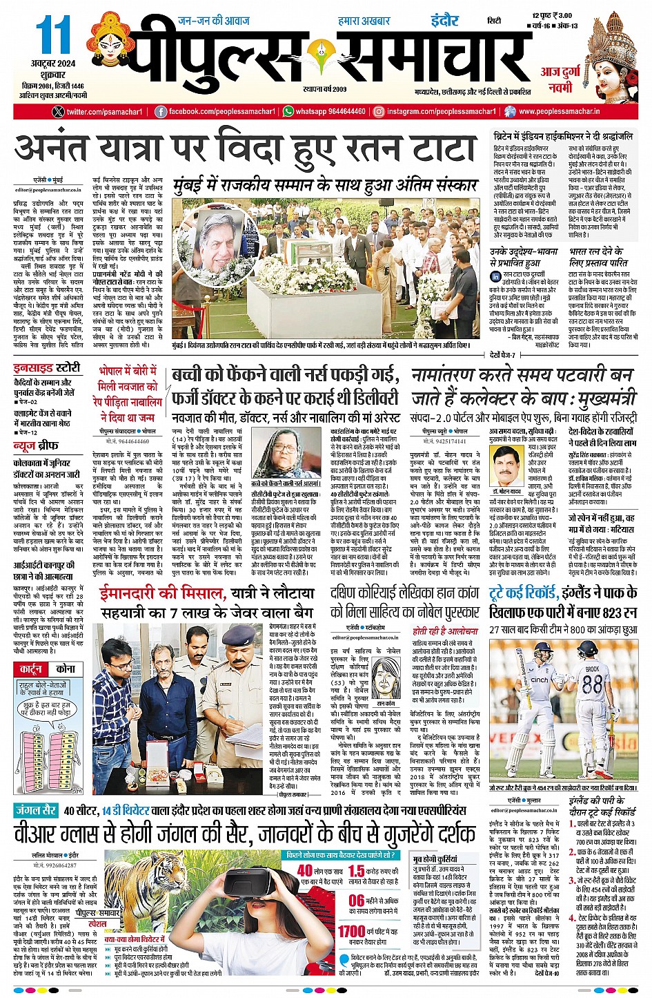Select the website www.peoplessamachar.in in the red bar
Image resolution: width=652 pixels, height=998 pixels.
tap(559, 112)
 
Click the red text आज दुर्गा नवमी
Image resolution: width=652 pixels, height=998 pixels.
tap(556, 80)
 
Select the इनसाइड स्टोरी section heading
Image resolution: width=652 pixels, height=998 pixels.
tap(47, 367)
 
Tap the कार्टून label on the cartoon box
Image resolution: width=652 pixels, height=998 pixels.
tap(31, 669)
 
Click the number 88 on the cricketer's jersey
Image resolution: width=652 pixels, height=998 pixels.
tap(592, 684)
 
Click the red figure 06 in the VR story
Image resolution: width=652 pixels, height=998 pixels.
tap(356, 901)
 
